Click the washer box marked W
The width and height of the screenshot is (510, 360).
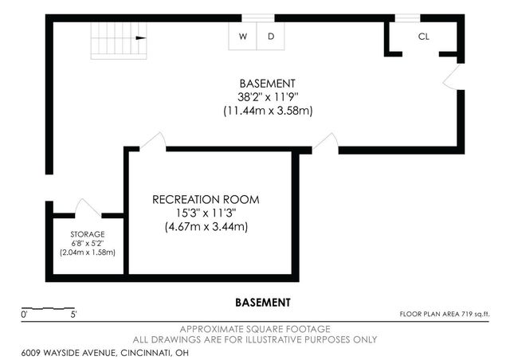coord(242,36)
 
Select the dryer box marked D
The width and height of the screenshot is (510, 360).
coord(271,36)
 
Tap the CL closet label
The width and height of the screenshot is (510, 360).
coord(423,37)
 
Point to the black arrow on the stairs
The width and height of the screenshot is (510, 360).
coord(141,38)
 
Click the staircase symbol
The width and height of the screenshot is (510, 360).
coord(119,41)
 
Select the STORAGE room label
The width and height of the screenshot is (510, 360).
coord(88,234)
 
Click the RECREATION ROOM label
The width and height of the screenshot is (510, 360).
coord(206,199)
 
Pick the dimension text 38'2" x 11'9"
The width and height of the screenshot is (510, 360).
coord(268,97)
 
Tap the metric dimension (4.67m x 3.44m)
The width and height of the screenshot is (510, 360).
coord(206,226)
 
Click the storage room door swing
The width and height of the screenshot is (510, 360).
coord(87,207)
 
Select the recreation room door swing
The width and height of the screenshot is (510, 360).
coord(154,141)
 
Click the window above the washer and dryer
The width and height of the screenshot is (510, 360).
coord(258,18)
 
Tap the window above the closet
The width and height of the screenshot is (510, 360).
coord(407,18)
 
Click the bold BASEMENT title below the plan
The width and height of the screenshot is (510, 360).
coord(263,303)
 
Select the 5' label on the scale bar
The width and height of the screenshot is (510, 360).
coord(73,315)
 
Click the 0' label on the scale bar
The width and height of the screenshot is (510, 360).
coord(24,315)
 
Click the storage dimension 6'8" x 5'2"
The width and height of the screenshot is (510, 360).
coord(88,243)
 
